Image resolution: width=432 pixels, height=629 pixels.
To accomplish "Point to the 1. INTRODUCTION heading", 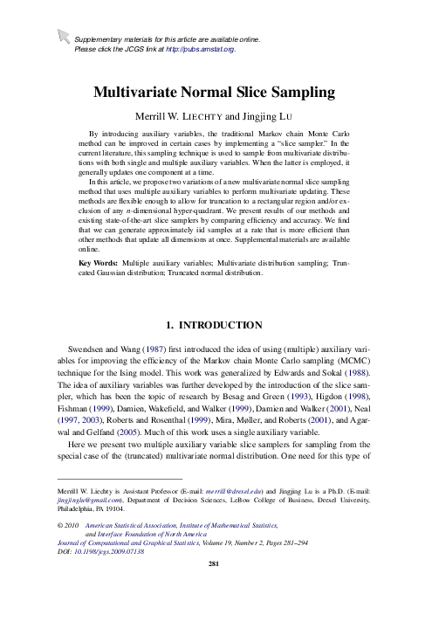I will point(216,328).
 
